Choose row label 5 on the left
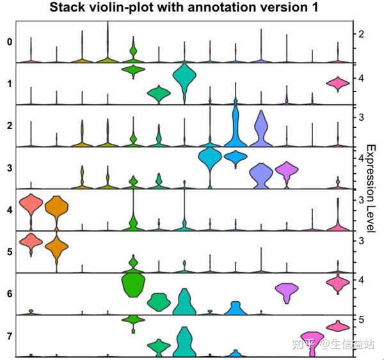point(9,251)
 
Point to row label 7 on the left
point(9,335)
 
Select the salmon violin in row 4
point(31,205)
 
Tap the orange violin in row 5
point(56,247)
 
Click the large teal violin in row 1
point(184,78)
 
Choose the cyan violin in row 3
point(209,157)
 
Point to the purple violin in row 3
point(286,171)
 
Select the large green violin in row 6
point(133,284)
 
